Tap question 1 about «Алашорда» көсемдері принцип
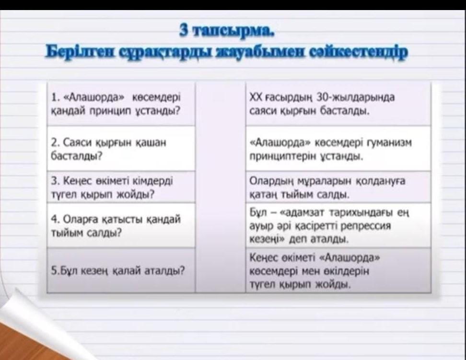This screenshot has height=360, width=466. tap(116, 105)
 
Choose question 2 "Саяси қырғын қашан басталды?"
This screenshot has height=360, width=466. tap(109, 149)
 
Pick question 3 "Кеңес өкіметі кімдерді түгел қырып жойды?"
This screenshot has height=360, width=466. tap(112, 187)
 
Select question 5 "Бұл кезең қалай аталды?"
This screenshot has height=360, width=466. tap(118, 270)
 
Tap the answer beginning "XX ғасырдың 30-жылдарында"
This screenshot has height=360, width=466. tap(322, 104)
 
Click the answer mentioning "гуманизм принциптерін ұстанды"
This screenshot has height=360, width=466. tap(330, 149)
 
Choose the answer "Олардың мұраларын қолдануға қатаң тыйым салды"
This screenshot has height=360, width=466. tap(327, 188)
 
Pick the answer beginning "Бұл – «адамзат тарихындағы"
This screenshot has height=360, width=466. tap(329, 226)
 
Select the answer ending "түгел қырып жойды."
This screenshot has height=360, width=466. tap(315, 271)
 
